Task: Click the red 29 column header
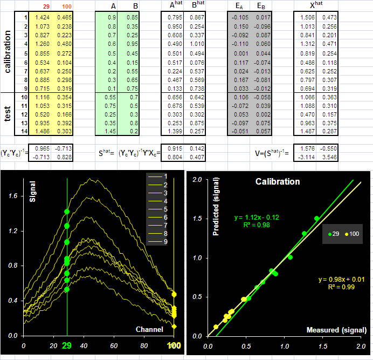pyautogui.click(x=46, y=6)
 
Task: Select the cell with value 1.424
pyautogui.click(x=43, y=17)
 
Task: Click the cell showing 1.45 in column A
pyautogui.click(x=110, y=131)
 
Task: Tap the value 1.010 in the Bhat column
pyautogui.click(x=197, y=44)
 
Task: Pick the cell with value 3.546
pyautogui.click(x=329, y=157)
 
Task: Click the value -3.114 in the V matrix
pyautogui.click(x=306, y=157)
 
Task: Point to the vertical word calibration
pyautogui.click(x=8, y=52)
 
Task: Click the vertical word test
pyautogui.click(x=7, y=114)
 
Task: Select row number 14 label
pyautogui.click(x=24, y=131)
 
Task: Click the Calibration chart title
pyautogui.click(x=278, y=181)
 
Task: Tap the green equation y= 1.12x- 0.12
pyautogui.click(x=257, y=218)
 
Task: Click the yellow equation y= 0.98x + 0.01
pyautogui.click(x=342, y=279)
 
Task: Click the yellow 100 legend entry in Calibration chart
pyautogui.click(x=352, y=234)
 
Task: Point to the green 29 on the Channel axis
pyautogui.click(x=67, y=345)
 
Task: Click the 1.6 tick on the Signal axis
pyautogui.click(x=13, y=196)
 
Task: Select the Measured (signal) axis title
pyautogui.click(x=336, y=330)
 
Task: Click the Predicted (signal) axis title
pyautogui.click(x=216, y=207)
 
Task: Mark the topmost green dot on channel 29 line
pyautogui.click(x=67, y=212)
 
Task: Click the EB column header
pyautogui.click(x=261, y=6)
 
